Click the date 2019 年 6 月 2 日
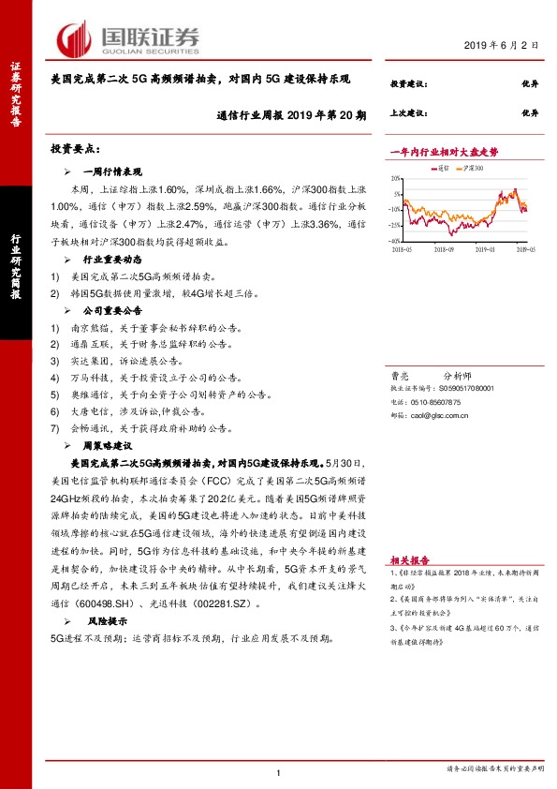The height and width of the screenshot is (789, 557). click(502, 44)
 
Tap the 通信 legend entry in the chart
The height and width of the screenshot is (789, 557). click(443, 169)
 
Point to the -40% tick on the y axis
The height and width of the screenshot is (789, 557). click(396, 241)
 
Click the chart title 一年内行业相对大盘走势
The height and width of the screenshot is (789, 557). click(444, 150)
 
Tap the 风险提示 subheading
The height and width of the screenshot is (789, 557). click(105, 621)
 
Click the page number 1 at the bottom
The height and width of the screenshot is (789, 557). click(279, 772)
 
